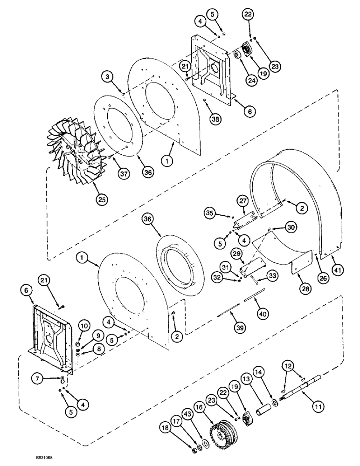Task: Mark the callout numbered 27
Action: pos(242,201)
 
